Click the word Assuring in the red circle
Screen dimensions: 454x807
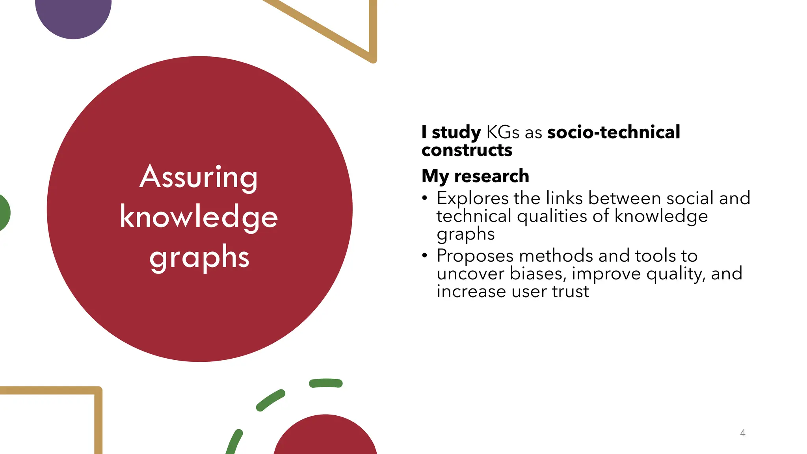tap(199, 178)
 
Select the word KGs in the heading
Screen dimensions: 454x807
tap(503, 132)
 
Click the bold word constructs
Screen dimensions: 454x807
tap(467, 150)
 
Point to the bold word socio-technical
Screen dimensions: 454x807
tap(614, 132)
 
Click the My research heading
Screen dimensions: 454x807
tap(475, 176)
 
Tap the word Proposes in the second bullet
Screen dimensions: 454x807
tap(475, 256)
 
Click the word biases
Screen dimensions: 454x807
tap(537, 274)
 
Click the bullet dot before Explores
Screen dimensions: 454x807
tap(424, 198)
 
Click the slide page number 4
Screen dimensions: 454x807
tap(743, 433)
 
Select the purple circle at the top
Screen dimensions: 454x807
tap(73, 16)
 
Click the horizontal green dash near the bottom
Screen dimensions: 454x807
tap(326, 383)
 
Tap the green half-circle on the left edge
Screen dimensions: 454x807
tap(4, 213)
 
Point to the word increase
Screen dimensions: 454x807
tap(471, 292)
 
